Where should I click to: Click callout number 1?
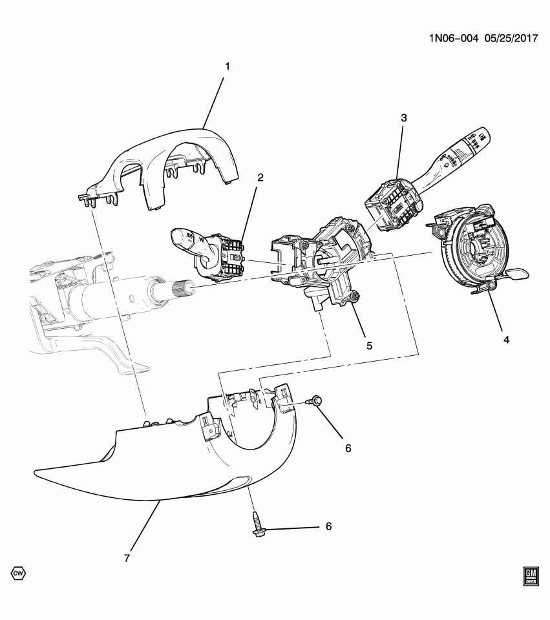[x=227, y=66]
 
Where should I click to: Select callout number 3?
[x=403, y=118]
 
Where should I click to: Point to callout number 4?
[x=506, y=339]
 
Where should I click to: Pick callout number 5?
[x=369, y=346]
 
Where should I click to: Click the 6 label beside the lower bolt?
[x=328, y=527]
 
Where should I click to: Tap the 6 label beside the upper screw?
[x=348, y=448]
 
